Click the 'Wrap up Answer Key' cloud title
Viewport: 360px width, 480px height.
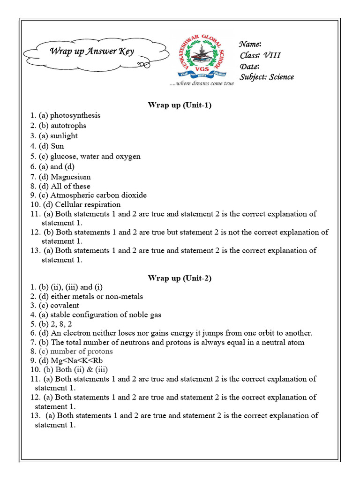[x=92, y=51]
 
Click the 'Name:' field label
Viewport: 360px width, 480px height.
[x=250, y=44]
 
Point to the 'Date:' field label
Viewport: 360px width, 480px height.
[x=249, y=66]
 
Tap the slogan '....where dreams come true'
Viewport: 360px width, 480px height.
[x=202, y=83]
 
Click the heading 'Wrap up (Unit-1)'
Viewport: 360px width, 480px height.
[x=180, y=105]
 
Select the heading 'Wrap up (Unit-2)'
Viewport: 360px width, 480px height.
[x=180, y=278]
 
